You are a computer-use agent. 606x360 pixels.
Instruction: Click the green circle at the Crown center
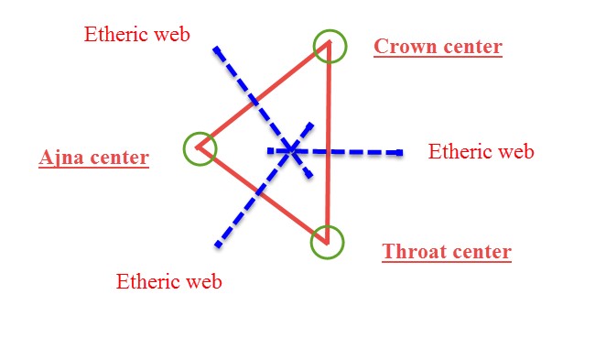330,46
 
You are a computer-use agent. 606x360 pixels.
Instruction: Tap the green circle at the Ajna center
200,147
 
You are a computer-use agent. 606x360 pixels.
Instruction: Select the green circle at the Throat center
326,242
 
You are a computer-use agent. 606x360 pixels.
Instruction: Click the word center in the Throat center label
480,252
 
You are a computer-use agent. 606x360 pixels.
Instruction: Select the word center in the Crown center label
471,47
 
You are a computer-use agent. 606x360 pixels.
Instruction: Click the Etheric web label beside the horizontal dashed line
481,152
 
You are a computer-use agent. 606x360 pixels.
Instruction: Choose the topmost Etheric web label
136,35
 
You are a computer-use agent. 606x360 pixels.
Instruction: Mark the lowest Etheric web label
168,281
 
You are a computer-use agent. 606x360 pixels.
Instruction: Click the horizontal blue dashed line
357,151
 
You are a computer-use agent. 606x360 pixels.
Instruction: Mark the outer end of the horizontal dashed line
400,152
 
